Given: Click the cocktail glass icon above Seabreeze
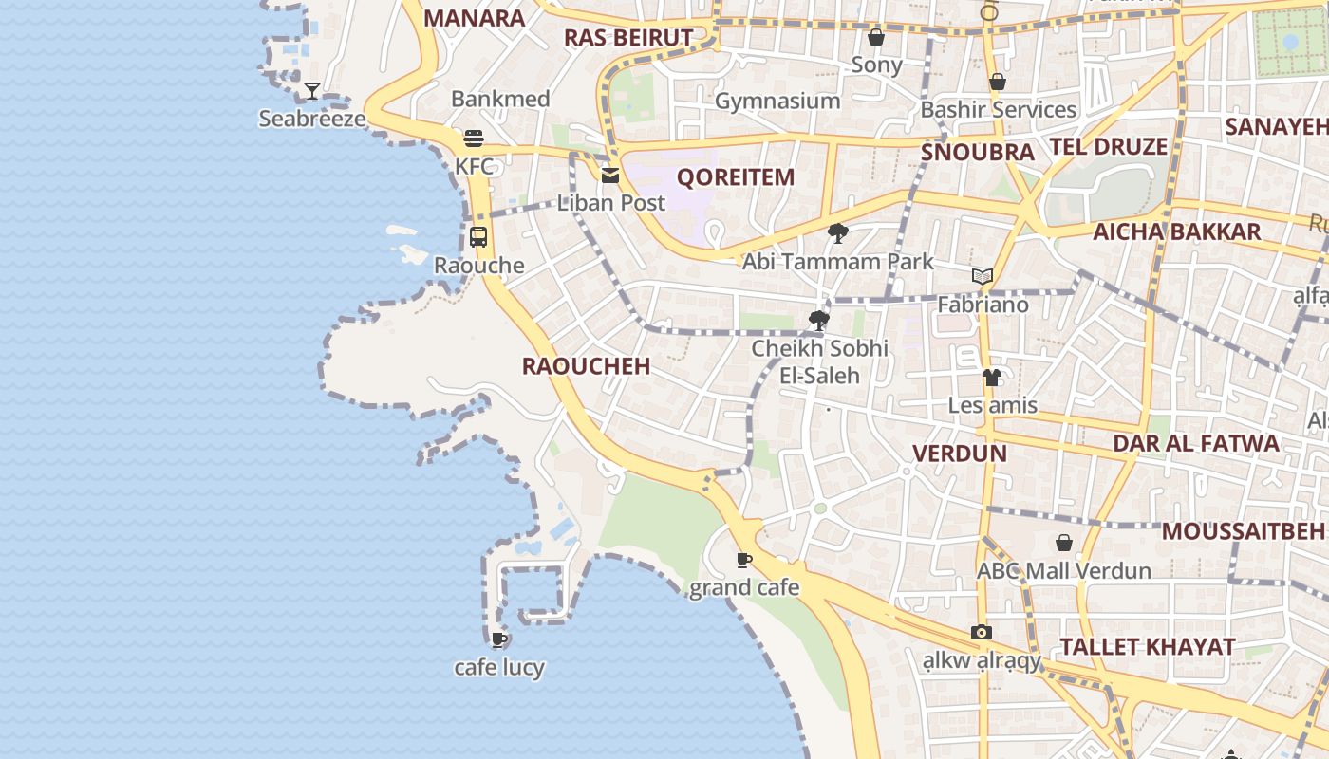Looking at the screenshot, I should coord(311,91).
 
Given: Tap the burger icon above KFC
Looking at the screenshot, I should coord(474,139).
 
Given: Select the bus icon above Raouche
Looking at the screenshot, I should coord(478,237).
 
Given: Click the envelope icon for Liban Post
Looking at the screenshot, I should coord(609,175).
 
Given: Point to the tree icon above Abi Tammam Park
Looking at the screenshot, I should coord(837,233).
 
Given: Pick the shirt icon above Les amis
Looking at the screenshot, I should coord(992,378).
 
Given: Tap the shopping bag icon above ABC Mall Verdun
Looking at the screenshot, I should coord(1064,543).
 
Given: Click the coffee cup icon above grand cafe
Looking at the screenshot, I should coord(744,560).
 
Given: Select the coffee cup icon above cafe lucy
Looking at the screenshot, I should coord(499,639).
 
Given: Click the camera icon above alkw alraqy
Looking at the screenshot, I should coord(982,633).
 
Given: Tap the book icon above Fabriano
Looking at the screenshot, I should coord(983,277).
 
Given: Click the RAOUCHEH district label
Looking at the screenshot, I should coord(586,366).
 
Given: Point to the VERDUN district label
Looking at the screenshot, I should coord(959,454).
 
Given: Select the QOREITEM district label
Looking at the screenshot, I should coord(735,177).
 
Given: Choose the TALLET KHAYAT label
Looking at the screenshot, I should coord(1147,647).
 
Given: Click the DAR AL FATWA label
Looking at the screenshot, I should coord(1195,443).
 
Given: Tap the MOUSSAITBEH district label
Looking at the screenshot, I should coord(1243,531).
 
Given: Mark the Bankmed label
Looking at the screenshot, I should coord(500,99).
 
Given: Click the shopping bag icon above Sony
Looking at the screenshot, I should coord(876,37).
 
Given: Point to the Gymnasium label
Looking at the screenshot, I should coord(777,101).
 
